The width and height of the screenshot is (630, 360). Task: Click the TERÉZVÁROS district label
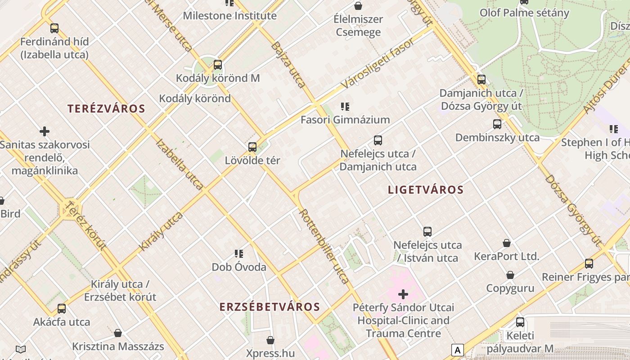coord(106,108)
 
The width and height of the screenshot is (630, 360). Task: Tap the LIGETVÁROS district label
coord(426,189)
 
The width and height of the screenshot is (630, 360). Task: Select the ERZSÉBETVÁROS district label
coord(270,307)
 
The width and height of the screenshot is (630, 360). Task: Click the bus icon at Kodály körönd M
coord(218,65)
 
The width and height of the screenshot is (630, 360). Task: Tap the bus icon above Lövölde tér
coord(252,147)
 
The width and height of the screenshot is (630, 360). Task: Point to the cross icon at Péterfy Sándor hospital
coord(403,294)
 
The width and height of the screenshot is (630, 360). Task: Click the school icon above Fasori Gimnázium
coord(345,107)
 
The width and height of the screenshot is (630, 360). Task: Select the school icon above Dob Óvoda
coord(239,254)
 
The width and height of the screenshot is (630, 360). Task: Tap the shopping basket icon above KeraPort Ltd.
coord(507,243)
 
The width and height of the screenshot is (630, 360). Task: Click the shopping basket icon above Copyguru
coord(510,275)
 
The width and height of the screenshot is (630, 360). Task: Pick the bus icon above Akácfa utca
coord(62,309)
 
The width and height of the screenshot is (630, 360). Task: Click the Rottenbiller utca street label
coord(324,246)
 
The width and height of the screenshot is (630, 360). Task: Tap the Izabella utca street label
coord(180,164)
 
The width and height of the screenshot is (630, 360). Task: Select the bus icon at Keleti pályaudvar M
coord(520,322)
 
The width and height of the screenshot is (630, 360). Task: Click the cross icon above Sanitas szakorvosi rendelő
coord(45,131)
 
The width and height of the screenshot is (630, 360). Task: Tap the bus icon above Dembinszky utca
coord(497,124)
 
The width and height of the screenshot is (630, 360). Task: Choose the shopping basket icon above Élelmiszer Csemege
coord(358,6)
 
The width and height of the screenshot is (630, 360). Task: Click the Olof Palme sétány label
coord(524,13)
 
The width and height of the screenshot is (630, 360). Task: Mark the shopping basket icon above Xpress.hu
coord(270,340)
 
